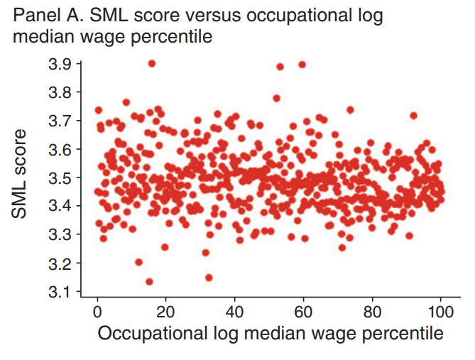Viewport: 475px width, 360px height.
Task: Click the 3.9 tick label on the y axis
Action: [60, 64]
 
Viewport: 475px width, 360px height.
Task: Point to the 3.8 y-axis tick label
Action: [60, 92]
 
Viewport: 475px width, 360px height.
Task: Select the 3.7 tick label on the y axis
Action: [60, 121]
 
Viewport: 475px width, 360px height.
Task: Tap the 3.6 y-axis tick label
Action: [60, 149]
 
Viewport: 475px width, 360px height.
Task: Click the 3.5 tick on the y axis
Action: [60, 178]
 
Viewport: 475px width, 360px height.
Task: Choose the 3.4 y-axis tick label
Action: [60, 206]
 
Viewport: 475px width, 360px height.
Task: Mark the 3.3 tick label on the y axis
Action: [60, 234]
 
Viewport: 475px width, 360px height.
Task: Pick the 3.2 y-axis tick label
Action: [60, 263]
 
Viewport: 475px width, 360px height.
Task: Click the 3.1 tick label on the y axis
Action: [60, 292]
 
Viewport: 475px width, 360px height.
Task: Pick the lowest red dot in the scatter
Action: [149, 282]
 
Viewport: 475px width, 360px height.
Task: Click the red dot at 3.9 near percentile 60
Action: [302, 64]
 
